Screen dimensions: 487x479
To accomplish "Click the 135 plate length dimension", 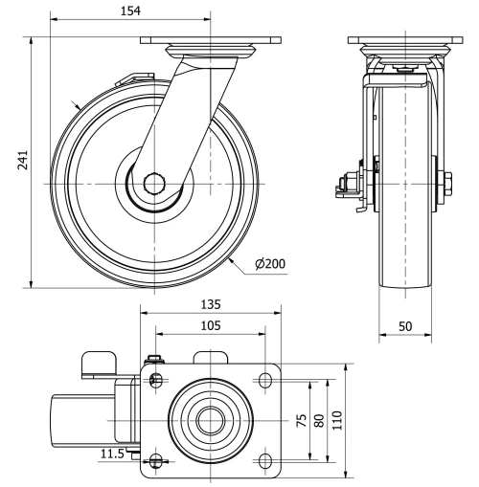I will click(211, 304).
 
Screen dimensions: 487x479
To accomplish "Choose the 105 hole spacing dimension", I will click(211, 325).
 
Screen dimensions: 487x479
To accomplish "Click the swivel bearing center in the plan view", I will click(210, 421).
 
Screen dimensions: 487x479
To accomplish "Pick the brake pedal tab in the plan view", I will click(97, 362).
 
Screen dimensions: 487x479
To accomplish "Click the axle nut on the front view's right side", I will click(445, 182).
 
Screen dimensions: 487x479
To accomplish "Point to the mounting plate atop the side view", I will click(403, 40).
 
